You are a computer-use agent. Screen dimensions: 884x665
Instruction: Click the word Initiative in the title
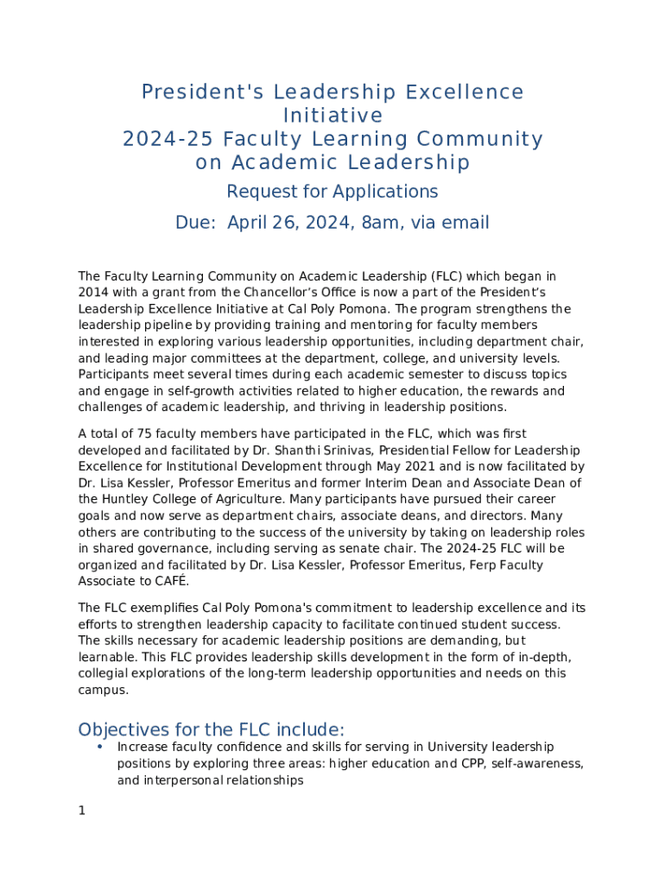[x=332, y=116]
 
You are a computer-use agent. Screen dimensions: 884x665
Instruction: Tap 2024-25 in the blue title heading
[x=167, y=139]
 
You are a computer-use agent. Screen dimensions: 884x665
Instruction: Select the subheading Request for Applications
[x=332, y=191]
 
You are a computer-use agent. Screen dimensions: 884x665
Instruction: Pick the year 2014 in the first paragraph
[x=93, y=293]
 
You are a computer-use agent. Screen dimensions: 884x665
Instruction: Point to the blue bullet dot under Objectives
[x=100, y=746]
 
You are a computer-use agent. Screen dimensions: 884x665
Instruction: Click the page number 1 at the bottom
[x=81, y=811]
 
